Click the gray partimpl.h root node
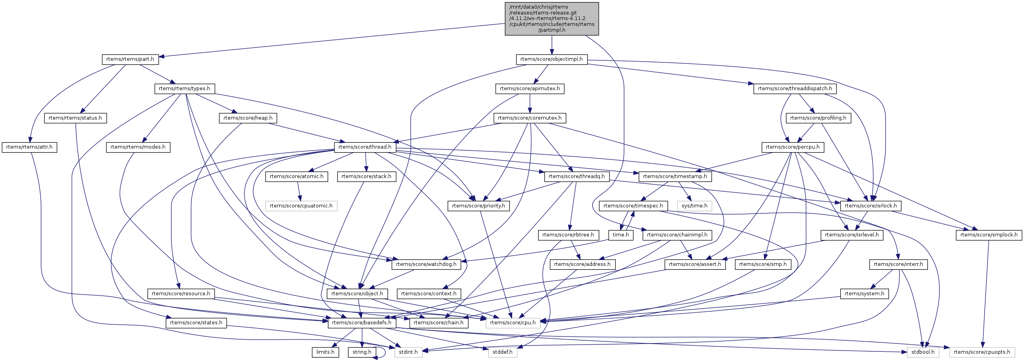coord(551,19)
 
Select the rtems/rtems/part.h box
coord(130,59)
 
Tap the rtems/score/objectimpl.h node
coord(551,59)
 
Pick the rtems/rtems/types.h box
coord(184,88)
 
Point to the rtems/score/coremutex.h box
coord(529,118)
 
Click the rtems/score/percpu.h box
coord(793,147)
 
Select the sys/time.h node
coord(695,206)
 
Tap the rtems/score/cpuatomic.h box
coord(301,206)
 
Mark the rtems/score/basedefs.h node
coord(361,323)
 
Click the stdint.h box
coord(408,352)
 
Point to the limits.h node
coord(325,352)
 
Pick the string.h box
coord(362,352)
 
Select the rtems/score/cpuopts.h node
coord(982,352)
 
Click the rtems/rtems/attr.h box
coord(29,147)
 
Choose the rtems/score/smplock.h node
coord(989,235)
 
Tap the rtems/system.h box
coord(864,294)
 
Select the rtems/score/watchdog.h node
coord(426,264)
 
